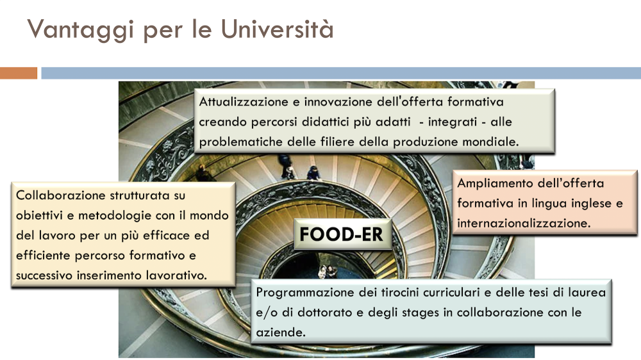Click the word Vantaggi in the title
point(81,30)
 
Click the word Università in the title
point(277,29)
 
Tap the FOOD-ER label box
point(342,234)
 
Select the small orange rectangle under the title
point(19,73)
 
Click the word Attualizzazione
point(244,101)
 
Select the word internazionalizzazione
point(524,223)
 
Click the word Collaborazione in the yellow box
point(58,195)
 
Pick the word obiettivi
point(39,215)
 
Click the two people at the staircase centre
point(328,272)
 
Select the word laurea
point(587,292)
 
